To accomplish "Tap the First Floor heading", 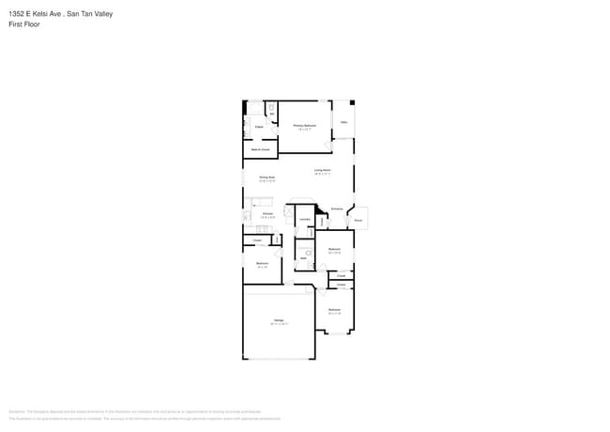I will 23,24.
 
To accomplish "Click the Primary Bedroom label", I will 304,125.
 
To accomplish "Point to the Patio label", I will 344,122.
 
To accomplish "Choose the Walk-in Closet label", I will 260,149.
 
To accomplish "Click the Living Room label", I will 322,170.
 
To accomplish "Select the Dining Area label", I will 267,177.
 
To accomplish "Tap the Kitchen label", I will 267,214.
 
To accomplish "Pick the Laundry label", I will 304,219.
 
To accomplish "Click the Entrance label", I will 336,208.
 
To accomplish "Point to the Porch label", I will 358,221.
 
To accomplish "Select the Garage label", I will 279,320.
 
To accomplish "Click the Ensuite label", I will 258,126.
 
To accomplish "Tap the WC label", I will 272,115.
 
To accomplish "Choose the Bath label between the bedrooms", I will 303,257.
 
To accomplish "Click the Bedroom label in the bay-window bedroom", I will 334,309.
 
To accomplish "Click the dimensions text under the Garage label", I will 279,324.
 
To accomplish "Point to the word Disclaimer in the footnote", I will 16,411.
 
